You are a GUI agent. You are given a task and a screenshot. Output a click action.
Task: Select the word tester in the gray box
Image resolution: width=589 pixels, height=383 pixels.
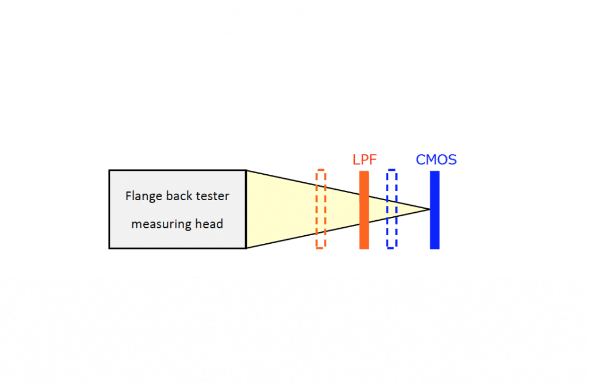click(213, 196)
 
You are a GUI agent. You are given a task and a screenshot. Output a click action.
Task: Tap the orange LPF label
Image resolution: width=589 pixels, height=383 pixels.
click(365, 159)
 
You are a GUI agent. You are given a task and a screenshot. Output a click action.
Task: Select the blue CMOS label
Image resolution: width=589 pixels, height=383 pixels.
click(436, 159)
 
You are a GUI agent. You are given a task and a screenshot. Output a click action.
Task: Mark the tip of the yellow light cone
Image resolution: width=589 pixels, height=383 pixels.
click(429, 209)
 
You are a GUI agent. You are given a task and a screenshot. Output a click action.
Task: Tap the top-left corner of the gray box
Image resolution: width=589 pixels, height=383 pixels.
click(109, 170)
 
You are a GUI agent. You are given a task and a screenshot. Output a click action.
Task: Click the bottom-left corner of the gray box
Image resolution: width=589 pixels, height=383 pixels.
click(109, 248)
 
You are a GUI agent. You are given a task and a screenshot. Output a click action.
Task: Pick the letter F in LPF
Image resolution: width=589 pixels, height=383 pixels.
click(373, 159)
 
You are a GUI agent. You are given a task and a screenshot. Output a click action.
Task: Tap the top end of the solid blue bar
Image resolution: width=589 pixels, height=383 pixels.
click(434, 172)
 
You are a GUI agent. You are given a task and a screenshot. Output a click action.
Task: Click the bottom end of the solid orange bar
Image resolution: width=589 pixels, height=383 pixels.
click(364, 247)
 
